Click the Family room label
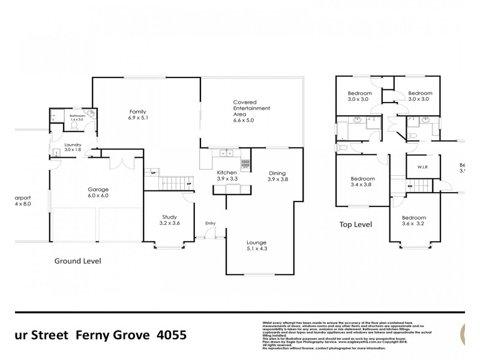tap(138, 112)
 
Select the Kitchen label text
tap(227, 172)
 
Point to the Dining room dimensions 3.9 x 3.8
tap(278, 179)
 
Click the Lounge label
tap(256, 242)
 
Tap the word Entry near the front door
tap(210, 223)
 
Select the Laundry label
tap(73, 145)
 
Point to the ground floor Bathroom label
tap(77, 115)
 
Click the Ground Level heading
tap(77, 261)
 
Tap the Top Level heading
tap(356, 224)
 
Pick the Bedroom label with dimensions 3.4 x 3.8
tap(362, 179)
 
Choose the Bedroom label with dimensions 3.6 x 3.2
tap(414, 217)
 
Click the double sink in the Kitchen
tap(227, 153)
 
